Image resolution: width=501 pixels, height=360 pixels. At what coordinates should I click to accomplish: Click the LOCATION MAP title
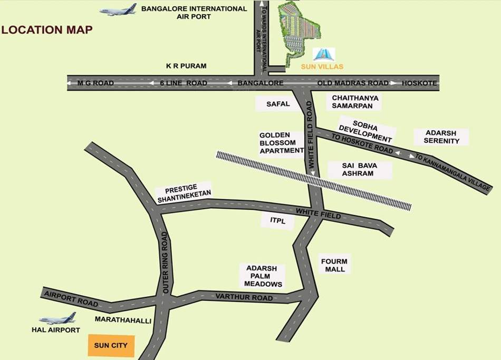point(47,30)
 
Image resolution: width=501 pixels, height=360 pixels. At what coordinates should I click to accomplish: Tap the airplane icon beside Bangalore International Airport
point(118,10)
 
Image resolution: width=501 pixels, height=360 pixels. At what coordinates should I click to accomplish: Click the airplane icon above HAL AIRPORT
point(57,318)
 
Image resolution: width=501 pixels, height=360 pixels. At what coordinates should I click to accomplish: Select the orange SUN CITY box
point(111,346)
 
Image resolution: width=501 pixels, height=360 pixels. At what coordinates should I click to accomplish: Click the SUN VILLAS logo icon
point(323,54)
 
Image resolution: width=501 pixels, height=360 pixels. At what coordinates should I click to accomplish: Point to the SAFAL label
point(278,104)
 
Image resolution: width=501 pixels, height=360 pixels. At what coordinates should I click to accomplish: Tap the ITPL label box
point(277,221)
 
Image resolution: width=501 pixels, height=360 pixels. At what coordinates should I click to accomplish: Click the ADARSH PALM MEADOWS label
point(263,276)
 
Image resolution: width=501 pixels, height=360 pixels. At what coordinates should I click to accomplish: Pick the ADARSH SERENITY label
point(441,137)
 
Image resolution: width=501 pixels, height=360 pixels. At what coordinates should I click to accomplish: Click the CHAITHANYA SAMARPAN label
point(355,102)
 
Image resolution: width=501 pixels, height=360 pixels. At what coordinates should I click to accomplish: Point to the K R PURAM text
point(186,66)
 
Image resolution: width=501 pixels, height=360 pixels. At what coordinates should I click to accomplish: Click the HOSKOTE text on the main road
point(419,83)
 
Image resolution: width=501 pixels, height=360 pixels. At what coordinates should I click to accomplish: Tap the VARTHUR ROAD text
point(244,297)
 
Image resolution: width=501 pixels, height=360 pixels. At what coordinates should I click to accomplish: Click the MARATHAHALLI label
point(123,320)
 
